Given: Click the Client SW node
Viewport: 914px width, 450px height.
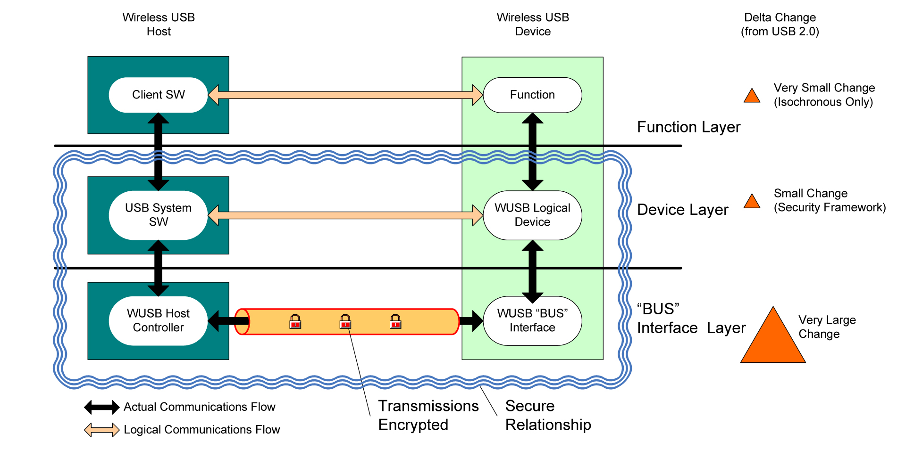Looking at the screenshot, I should point(158,95).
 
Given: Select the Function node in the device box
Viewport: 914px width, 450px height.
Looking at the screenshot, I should point(532,95).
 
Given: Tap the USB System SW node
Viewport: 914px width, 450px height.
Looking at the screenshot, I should point(158,215).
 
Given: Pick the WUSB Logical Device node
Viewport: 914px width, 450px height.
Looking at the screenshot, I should point(532,215).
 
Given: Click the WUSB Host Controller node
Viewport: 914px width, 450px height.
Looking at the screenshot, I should point(158,320).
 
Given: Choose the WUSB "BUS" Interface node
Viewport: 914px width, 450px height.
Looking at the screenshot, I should point(532,320).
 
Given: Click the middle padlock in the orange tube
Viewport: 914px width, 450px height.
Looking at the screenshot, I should point(345,322).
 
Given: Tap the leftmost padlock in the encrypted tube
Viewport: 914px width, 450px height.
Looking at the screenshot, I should point(295,322).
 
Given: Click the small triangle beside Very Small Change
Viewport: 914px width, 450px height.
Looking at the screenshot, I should point(752,96).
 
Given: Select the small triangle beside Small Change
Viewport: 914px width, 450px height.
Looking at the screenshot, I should point(752,202).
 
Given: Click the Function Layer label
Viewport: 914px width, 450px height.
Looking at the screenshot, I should point(688,127).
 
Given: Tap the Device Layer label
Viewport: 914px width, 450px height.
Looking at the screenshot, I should point(682,209).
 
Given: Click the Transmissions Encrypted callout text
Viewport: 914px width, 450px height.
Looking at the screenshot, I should point(428,415).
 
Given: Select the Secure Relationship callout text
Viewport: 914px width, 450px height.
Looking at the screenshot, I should point(547,415).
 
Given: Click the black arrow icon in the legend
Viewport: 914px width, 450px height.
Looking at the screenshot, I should point(102,407).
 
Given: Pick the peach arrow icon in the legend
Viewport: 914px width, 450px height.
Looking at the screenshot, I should point(102,430).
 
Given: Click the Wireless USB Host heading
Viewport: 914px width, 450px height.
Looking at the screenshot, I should point(159,24).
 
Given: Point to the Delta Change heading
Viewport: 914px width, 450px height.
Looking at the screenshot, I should point(780,24).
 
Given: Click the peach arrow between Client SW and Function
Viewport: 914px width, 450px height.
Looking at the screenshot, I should point(345,95).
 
